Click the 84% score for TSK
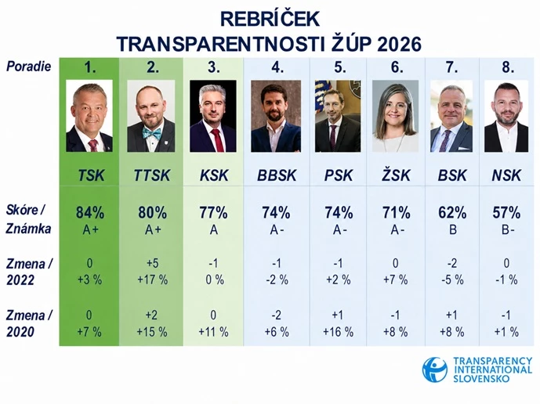pyautogui.click(x=90, y=213)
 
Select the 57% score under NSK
pyautogui.click(x=506, y=213)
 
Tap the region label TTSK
pyautogui.click(x=152, y=175)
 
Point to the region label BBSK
pyautogui.click(x=277, y=175)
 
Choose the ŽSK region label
pyautogui.click(x=396, y=175)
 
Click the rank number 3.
pyautogui.click(x=213, y=67)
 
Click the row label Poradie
pyautogui.click(x=28, y=66)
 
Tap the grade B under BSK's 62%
pyautogui.click(x=453, y=229)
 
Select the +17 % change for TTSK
pyautogui.click(x=153, y=280)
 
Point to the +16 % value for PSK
pyautogui.click(x=339, y=332)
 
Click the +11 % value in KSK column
pyautogui.click(x=213, y=332)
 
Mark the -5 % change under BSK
pyautogui.click(x=452, y=280)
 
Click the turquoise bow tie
pyautogui.click(x=152, y=134)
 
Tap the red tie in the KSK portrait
pyautogui.click(x=217, y=140)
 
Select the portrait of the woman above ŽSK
pyautogui.click(x=395, y=116)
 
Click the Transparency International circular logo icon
pyautogui.click(x=435, y=370)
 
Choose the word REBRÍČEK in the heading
pyautogui.click(x=270, y=19)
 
